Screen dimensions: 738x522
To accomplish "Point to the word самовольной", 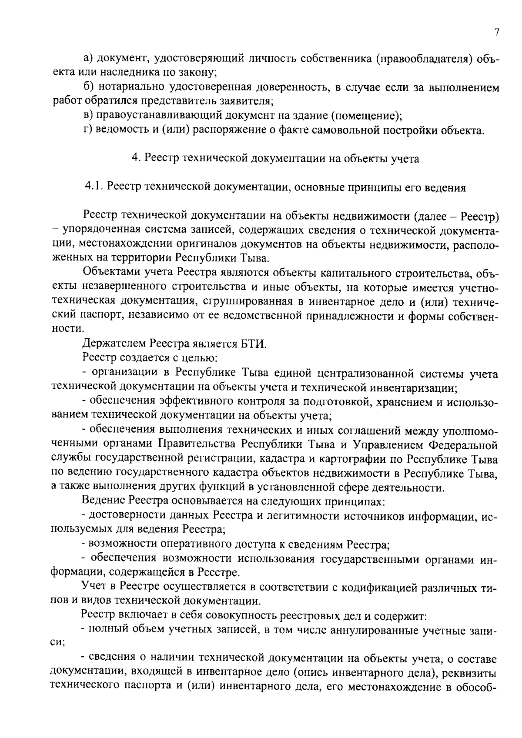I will [x=347, y=130].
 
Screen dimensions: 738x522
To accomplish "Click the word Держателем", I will [x=114, y=344].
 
